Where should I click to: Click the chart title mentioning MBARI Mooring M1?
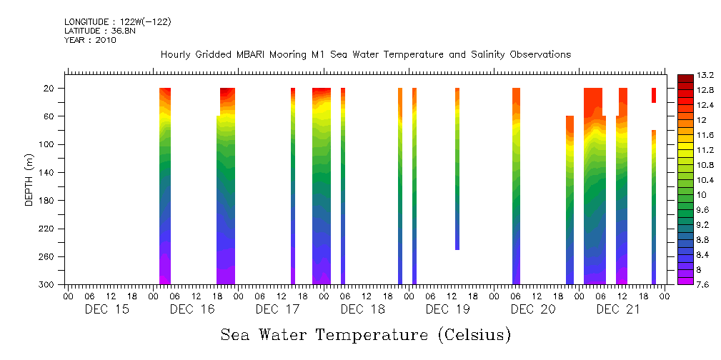coord(365,54)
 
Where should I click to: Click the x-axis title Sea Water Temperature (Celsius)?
coord(365,334)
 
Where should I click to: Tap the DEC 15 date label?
coord(107,309)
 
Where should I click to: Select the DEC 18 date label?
coord(363,309)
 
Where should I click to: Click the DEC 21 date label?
coord(618,309)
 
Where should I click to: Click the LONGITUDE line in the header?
coord(117,22)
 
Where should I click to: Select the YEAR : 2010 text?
coord(89,40)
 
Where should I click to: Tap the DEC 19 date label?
coord(447,309)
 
